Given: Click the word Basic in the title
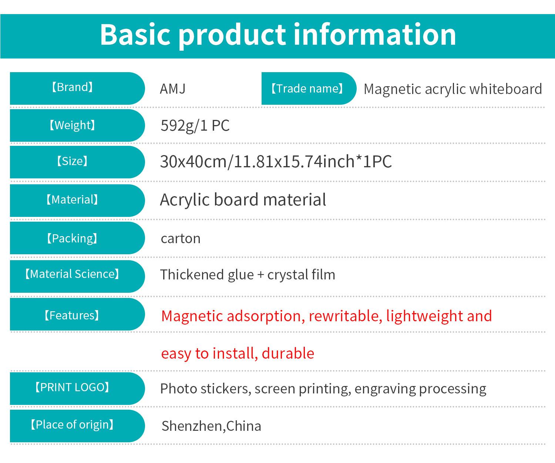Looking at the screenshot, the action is (x=135, y=34).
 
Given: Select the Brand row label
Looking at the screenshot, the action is (x=72, y=87).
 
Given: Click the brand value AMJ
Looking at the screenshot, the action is (x=172, y=88).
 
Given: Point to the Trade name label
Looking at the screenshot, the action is (x=307, y=88).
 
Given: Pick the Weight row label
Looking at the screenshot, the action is (x=72, y=125).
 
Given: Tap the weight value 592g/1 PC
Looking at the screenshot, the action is (x=195, y=125).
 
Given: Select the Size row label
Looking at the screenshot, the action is (x=72, y=161).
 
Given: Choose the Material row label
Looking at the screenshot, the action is (x=72, y=199).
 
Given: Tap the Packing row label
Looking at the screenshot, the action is (x=72, y=238).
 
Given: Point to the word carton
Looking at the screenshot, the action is (x=181, y=239).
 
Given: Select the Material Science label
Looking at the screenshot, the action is (x=72, y=274).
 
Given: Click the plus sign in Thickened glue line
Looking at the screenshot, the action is (x=261, y=275).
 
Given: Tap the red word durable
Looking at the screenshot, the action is (x=288, y=353).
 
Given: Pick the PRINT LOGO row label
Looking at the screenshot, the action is (x=72, y=387).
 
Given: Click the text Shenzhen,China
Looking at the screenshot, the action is (x=211, y=426).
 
